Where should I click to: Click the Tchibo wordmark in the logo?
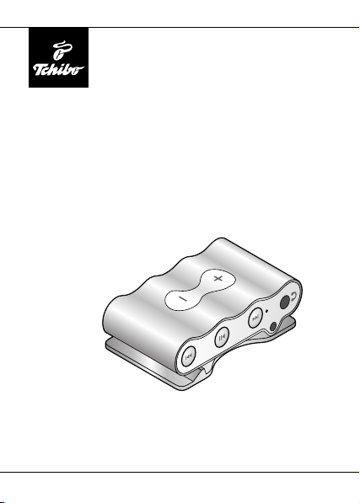(x=58, y=70)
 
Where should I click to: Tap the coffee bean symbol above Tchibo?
(x=61, y=51)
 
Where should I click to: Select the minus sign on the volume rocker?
(x=183, y=299)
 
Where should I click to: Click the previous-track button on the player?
(x=188, y=356)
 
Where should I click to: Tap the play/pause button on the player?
(x=222, y=337)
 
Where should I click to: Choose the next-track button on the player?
(x=255, y=318)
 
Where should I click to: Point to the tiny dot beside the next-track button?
(x=267, y=311)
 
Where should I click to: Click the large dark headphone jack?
(x=285, y=302)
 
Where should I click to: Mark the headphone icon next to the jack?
(x=294, y=297)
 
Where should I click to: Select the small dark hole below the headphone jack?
(x=273, y=327)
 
